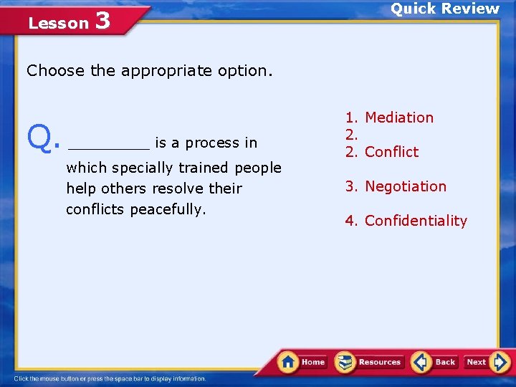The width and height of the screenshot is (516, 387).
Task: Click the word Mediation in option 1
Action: coord(399,118)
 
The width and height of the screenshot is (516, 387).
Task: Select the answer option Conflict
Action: coord(391,152)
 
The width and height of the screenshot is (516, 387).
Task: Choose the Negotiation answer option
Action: coord(406,186)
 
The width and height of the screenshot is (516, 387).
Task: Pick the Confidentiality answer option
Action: coord(416,221)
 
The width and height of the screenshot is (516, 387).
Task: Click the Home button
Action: coord(303,362)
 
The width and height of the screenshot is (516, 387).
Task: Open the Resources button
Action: coord(370,362)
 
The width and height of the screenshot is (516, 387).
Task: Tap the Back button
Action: coord(435,362)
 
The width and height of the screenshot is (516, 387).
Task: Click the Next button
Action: coord(486,362)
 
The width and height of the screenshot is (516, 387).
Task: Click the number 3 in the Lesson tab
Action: coord(102,21)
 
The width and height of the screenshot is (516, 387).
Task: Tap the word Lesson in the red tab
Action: coord(58,24)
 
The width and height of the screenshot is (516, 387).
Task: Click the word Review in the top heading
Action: coord(470,9)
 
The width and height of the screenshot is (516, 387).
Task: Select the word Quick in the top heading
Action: coord(414,9)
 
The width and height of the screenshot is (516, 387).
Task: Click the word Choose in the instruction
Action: coord(56,71)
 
